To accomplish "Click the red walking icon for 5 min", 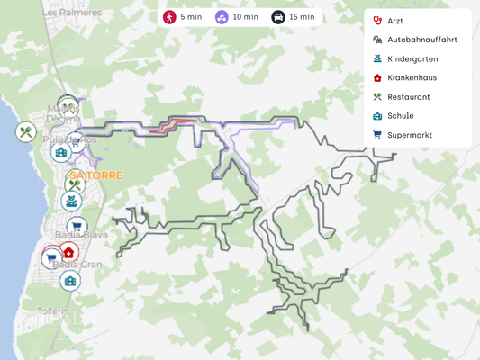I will [x=169, y=17].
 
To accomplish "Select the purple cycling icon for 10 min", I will [x=222, y=17].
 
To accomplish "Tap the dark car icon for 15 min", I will [x=278, y=17].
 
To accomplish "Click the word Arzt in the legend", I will [x=394, y=21].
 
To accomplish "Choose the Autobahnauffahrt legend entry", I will [x=421, y=40].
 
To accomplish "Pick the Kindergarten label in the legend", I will [x=412, y=58].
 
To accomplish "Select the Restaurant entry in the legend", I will [x=408, y=96].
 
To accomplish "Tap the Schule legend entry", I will [x=400, y=115].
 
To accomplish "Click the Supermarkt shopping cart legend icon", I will [x=377, y=135].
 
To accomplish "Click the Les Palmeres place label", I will [x=72, y=13].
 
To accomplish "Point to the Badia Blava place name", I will [x=76, y=234].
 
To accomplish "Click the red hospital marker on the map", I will [x=69, y=252].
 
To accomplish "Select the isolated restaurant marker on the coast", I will [x=25, y=132].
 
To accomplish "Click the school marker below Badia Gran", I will [x=70, y=281].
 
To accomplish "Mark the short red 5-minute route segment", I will [x=176, y=125].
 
